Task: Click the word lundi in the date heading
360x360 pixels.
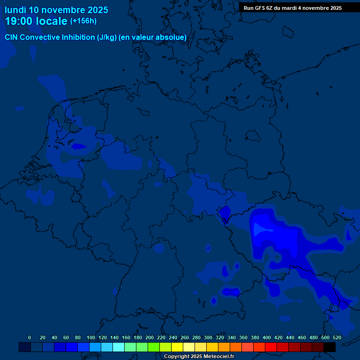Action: [15, 10]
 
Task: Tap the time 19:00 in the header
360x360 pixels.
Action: [20, 21]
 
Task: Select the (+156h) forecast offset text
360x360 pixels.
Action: [83, 21]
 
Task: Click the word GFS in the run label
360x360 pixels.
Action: [261, 8]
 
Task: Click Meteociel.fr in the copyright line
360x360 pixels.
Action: [218, 357]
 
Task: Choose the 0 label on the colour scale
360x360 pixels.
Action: [30, 337]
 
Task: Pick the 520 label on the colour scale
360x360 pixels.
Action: [337, 337]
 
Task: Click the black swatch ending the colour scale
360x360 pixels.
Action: [329, 347]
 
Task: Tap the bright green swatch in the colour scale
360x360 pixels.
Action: [153, 347]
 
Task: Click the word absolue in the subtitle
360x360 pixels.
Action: [172, 37]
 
